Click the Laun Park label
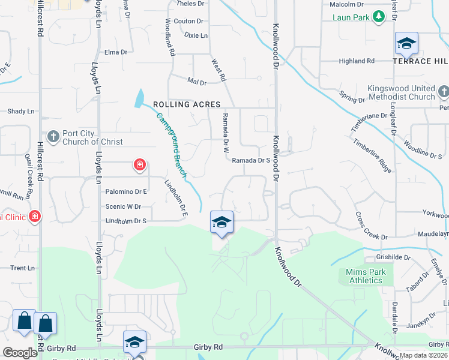(x=351, y=17)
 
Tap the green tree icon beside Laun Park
(x=378, y=17)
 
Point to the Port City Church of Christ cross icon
(x=53, y=137)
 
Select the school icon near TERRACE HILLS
(x=406, y=43)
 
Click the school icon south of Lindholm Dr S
(x=221, y=222)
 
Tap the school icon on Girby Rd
(x=134, y=342)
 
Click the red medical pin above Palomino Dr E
(x=139, y=164)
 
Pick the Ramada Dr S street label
(x=252, y=160)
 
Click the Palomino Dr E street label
(x=127, y=191)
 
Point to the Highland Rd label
(x=356, y=61)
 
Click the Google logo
(x=19, y=352)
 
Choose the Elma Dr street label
(x=116, y=52)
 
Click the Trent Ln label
(x=22, y=268)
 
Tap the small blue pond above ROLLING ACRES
(x=140, y=98)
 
